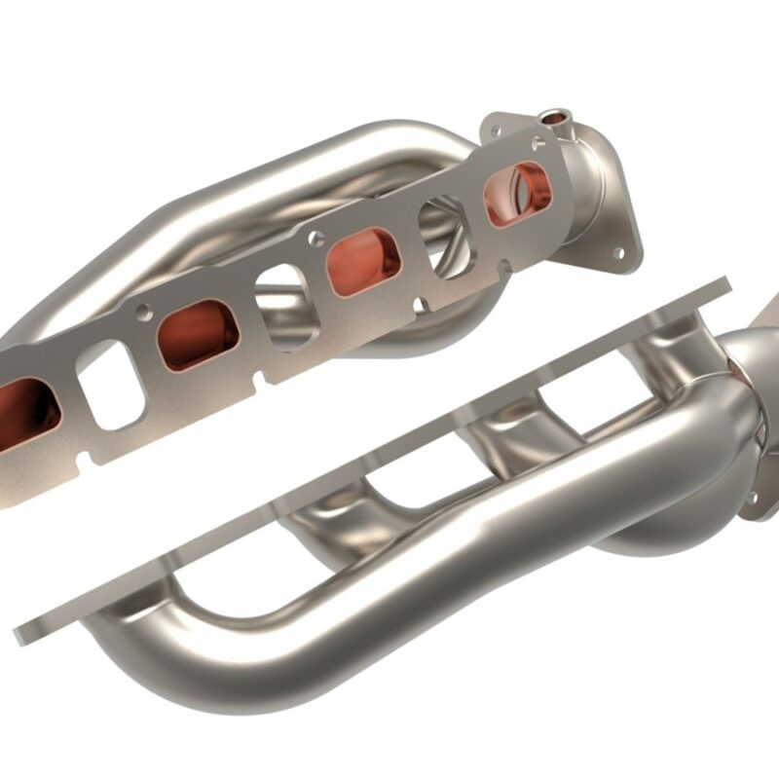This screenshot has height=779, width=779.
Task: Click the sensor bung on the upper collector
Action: (555, 119)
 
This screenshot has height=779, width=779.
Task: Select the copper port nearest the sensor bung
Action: (518, 192)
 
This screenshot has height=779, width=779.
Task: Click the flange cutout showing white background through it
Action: (109, 385)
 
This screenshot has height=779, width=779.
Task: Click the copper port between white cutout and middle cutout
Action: (198, 334)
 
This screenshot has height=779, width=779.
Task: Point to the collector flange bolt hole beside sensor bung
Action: (497, 124)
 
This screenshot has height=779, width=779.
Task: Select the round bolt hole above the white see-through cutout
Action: (143, 313)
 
